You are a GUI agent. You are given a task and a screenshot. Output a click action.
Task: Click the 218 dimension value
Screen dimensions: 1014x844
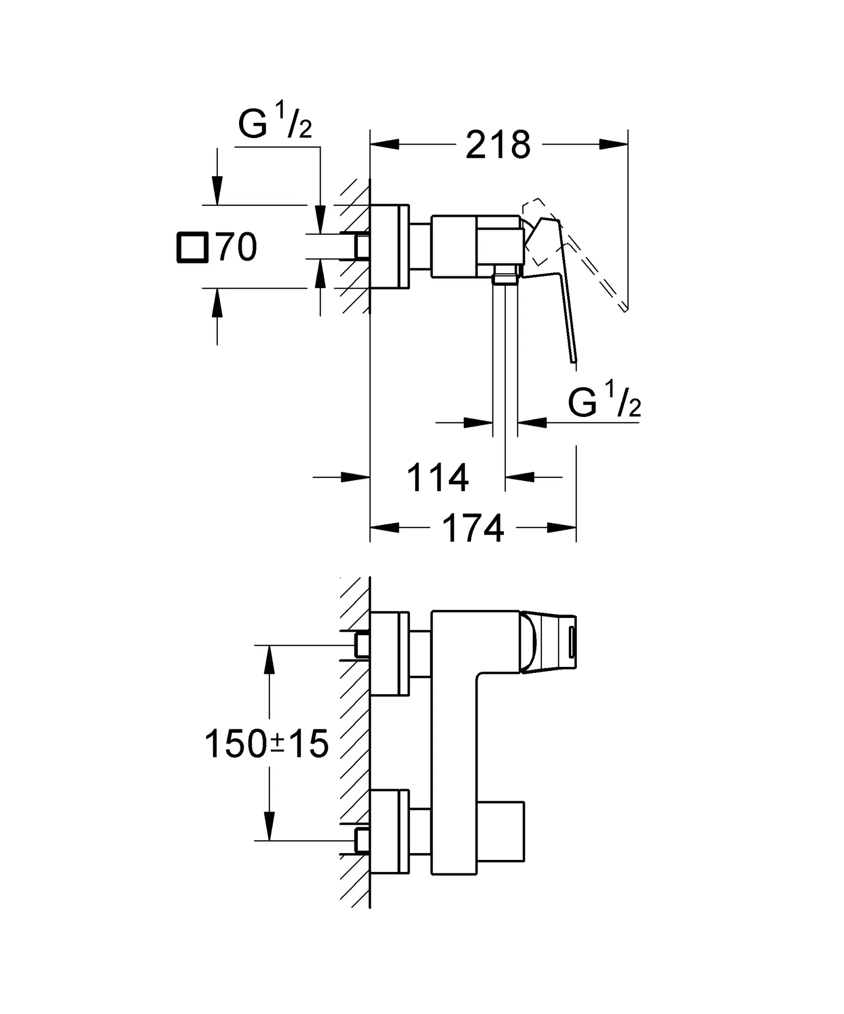click(x=497, y=145)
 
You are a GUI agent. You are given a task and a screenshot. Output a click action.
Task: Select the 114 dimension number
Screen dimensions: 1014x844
click(x=438, y=478)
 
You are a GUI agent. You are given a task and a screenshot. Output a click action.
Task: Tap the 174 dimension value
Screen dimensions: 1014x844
click(x=473, y=528)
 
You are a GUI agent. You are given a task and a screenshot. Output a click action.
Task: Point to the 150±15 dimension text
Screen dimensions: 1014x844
click(x=266, y=744)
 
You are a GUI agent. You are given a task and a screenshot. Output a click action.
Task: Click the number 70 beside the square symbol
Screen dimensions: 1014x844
click(x=237, y=247)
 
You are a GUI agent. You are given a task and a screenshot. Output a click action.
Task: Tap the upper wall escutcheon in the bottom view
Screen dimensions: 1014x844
click(x=390, y=654)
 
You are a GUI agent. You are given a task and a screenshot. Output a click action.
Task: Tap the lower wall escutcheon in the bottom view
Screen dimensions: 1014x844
click(x=390, y=831)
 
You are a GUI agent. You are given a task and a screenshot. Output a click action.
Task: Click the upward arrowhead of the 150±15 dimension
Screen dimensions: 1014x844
click(x=269, y=660)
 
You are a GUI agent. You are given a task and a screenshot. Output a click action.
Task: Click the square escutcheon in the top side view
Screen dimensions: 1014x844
click(x=390, y=247)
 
